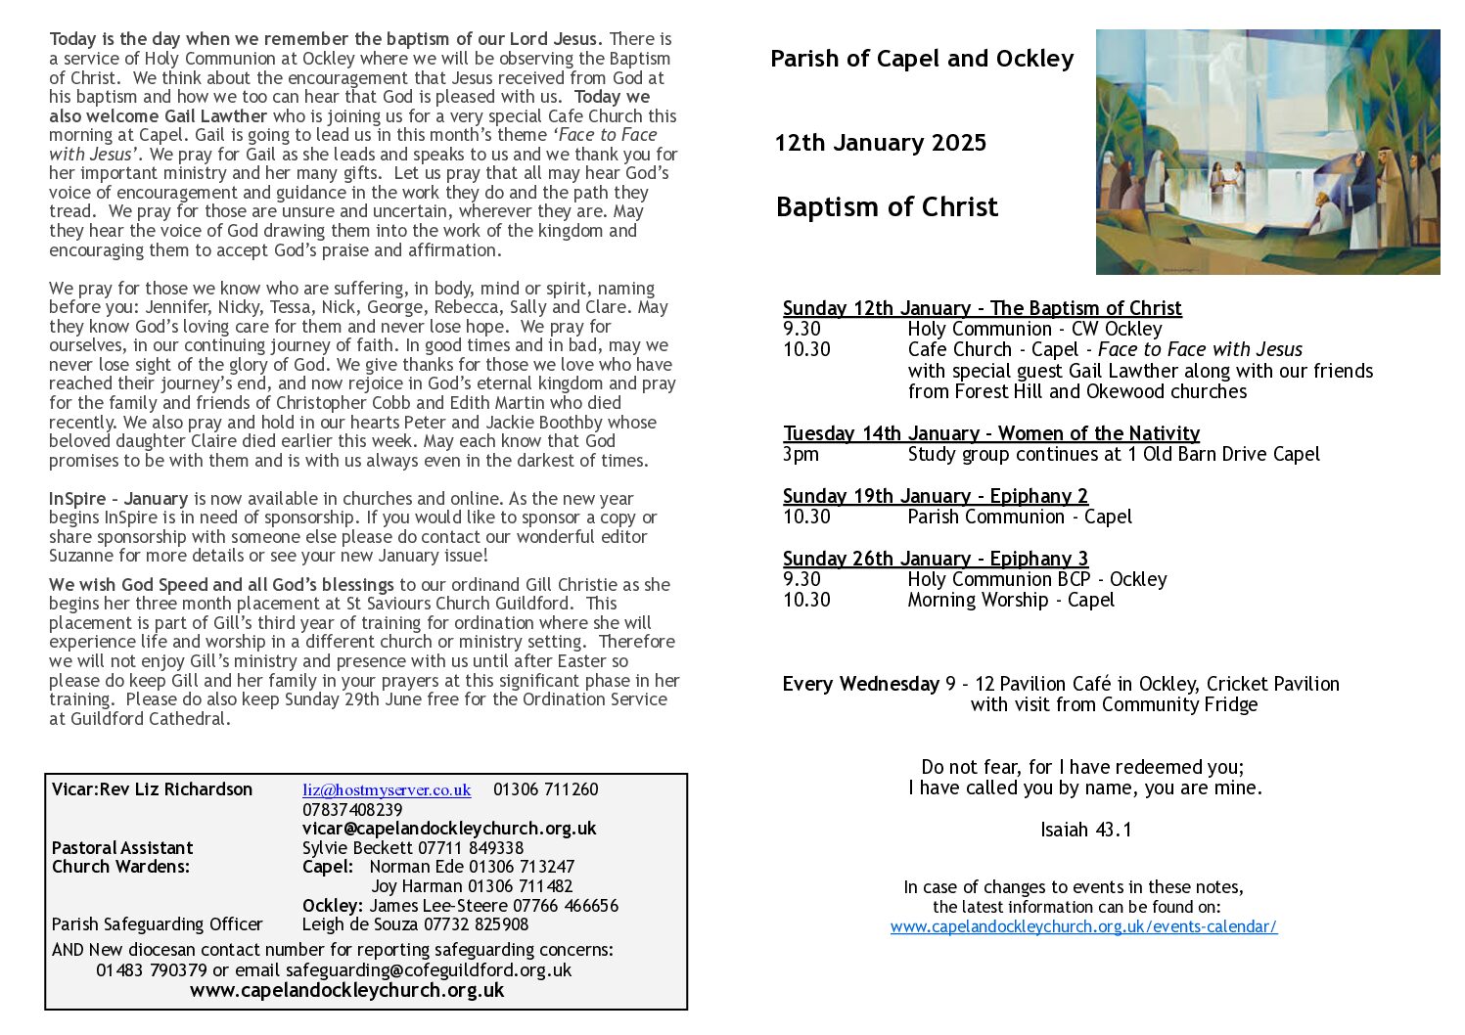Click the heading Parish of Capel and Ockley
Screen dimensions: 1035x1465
[921, 59]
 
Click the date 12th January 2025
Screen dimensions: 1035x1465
[880, 143]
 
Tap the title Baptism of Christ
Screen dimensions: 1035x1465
[887, 207]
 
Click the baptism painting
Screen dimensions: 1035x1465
[1267, 152]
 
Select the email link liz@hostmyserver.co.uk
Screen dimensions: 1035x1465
[387, 789]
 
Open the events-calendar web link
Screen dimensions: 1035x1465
[1083, 926]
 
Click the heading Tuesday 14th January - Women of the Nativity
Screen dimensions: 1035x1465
[990, 433]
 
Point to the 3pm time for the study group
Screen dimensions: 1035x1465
[801, 455]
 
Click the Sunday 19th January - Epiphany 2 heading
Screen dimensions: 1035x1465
[935, 496]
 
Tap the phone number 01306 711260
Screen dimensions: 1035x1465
[545, 789]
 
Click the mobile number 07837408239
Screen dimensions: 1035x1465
[352, 810]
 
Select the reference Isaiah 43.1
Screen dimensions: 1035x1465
[1085, 831]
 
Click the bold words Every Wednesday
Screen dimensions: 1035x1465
[860, 684]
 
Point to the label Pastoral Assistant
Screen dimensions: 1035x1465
[122, 848]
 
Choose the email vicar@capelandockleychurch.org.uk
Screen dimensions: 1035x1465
[449, 829]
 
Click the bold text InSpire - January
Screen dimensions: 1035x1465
[118, 499]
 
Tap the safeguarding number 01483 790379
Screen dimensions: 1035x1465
[152, 970]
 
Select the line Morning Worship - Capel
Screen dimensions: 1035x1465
[1010, 601]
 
